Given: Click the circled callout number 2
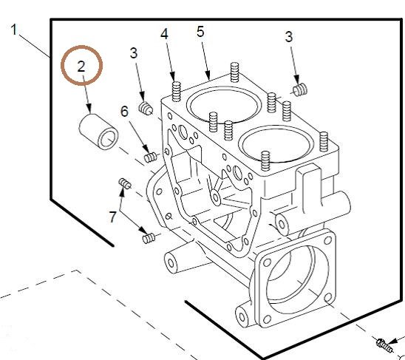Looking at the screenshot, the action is tap(81, 67).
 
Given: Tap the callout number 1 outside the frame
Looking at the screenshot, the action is tap(14, 30).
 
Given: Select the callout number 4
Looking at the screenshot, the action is tap(164, 34).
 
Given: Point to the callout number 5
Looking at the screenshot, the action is tap(200, 32).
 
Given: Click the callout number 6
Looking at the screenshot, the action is tap(124, 112).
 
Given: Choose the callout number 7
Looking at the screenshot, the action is tap(112, 217).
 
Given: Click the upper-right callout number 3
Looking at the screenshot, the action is tap(289, 37).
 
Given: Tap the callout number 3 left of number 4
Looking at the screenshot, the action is tap(133, 53).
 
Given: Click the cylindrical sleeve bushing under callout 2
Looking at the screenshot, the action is tap(98, 132).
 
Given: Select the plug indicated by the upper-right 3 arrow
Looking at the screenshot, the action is tap(300, 89).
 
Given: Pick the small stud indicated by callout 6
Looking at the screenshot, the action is tap(150, 157).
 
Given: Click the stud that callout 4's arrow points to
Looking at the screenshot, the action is tap(177, 92).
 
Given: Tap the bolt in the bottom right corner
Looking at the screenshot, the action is tap(384, 345).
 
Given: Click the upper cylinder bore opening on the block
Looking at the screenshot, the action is tap(224, 105).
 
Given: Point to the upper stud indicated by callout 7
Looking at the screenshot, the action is tap(125, 183).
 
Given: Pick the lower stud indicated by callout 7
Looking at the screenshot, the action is tap(149, 238).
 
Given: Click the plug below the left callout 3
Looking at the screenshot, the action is tap(146, 108).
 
